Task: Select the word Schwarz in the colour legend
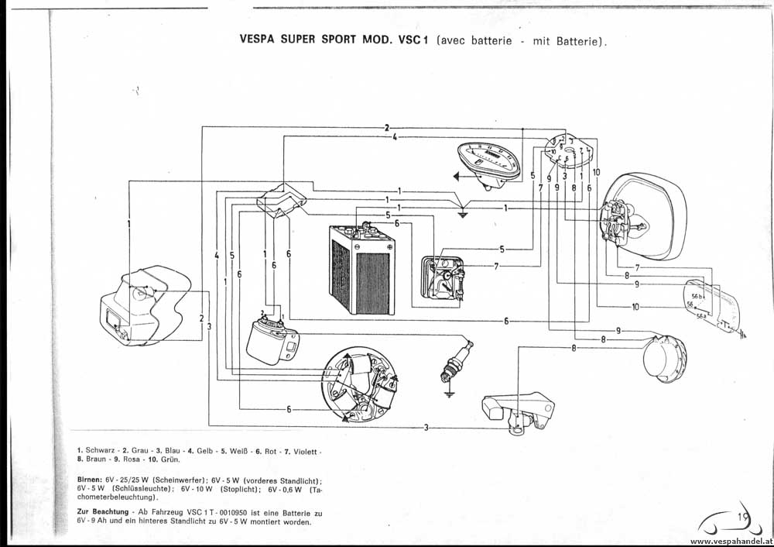tap(101, 450)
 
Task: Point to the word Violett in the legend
tap(301, 450)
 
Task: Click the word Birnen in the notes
tap(90, 480)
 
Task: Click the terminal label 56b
tap(697, 296)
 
